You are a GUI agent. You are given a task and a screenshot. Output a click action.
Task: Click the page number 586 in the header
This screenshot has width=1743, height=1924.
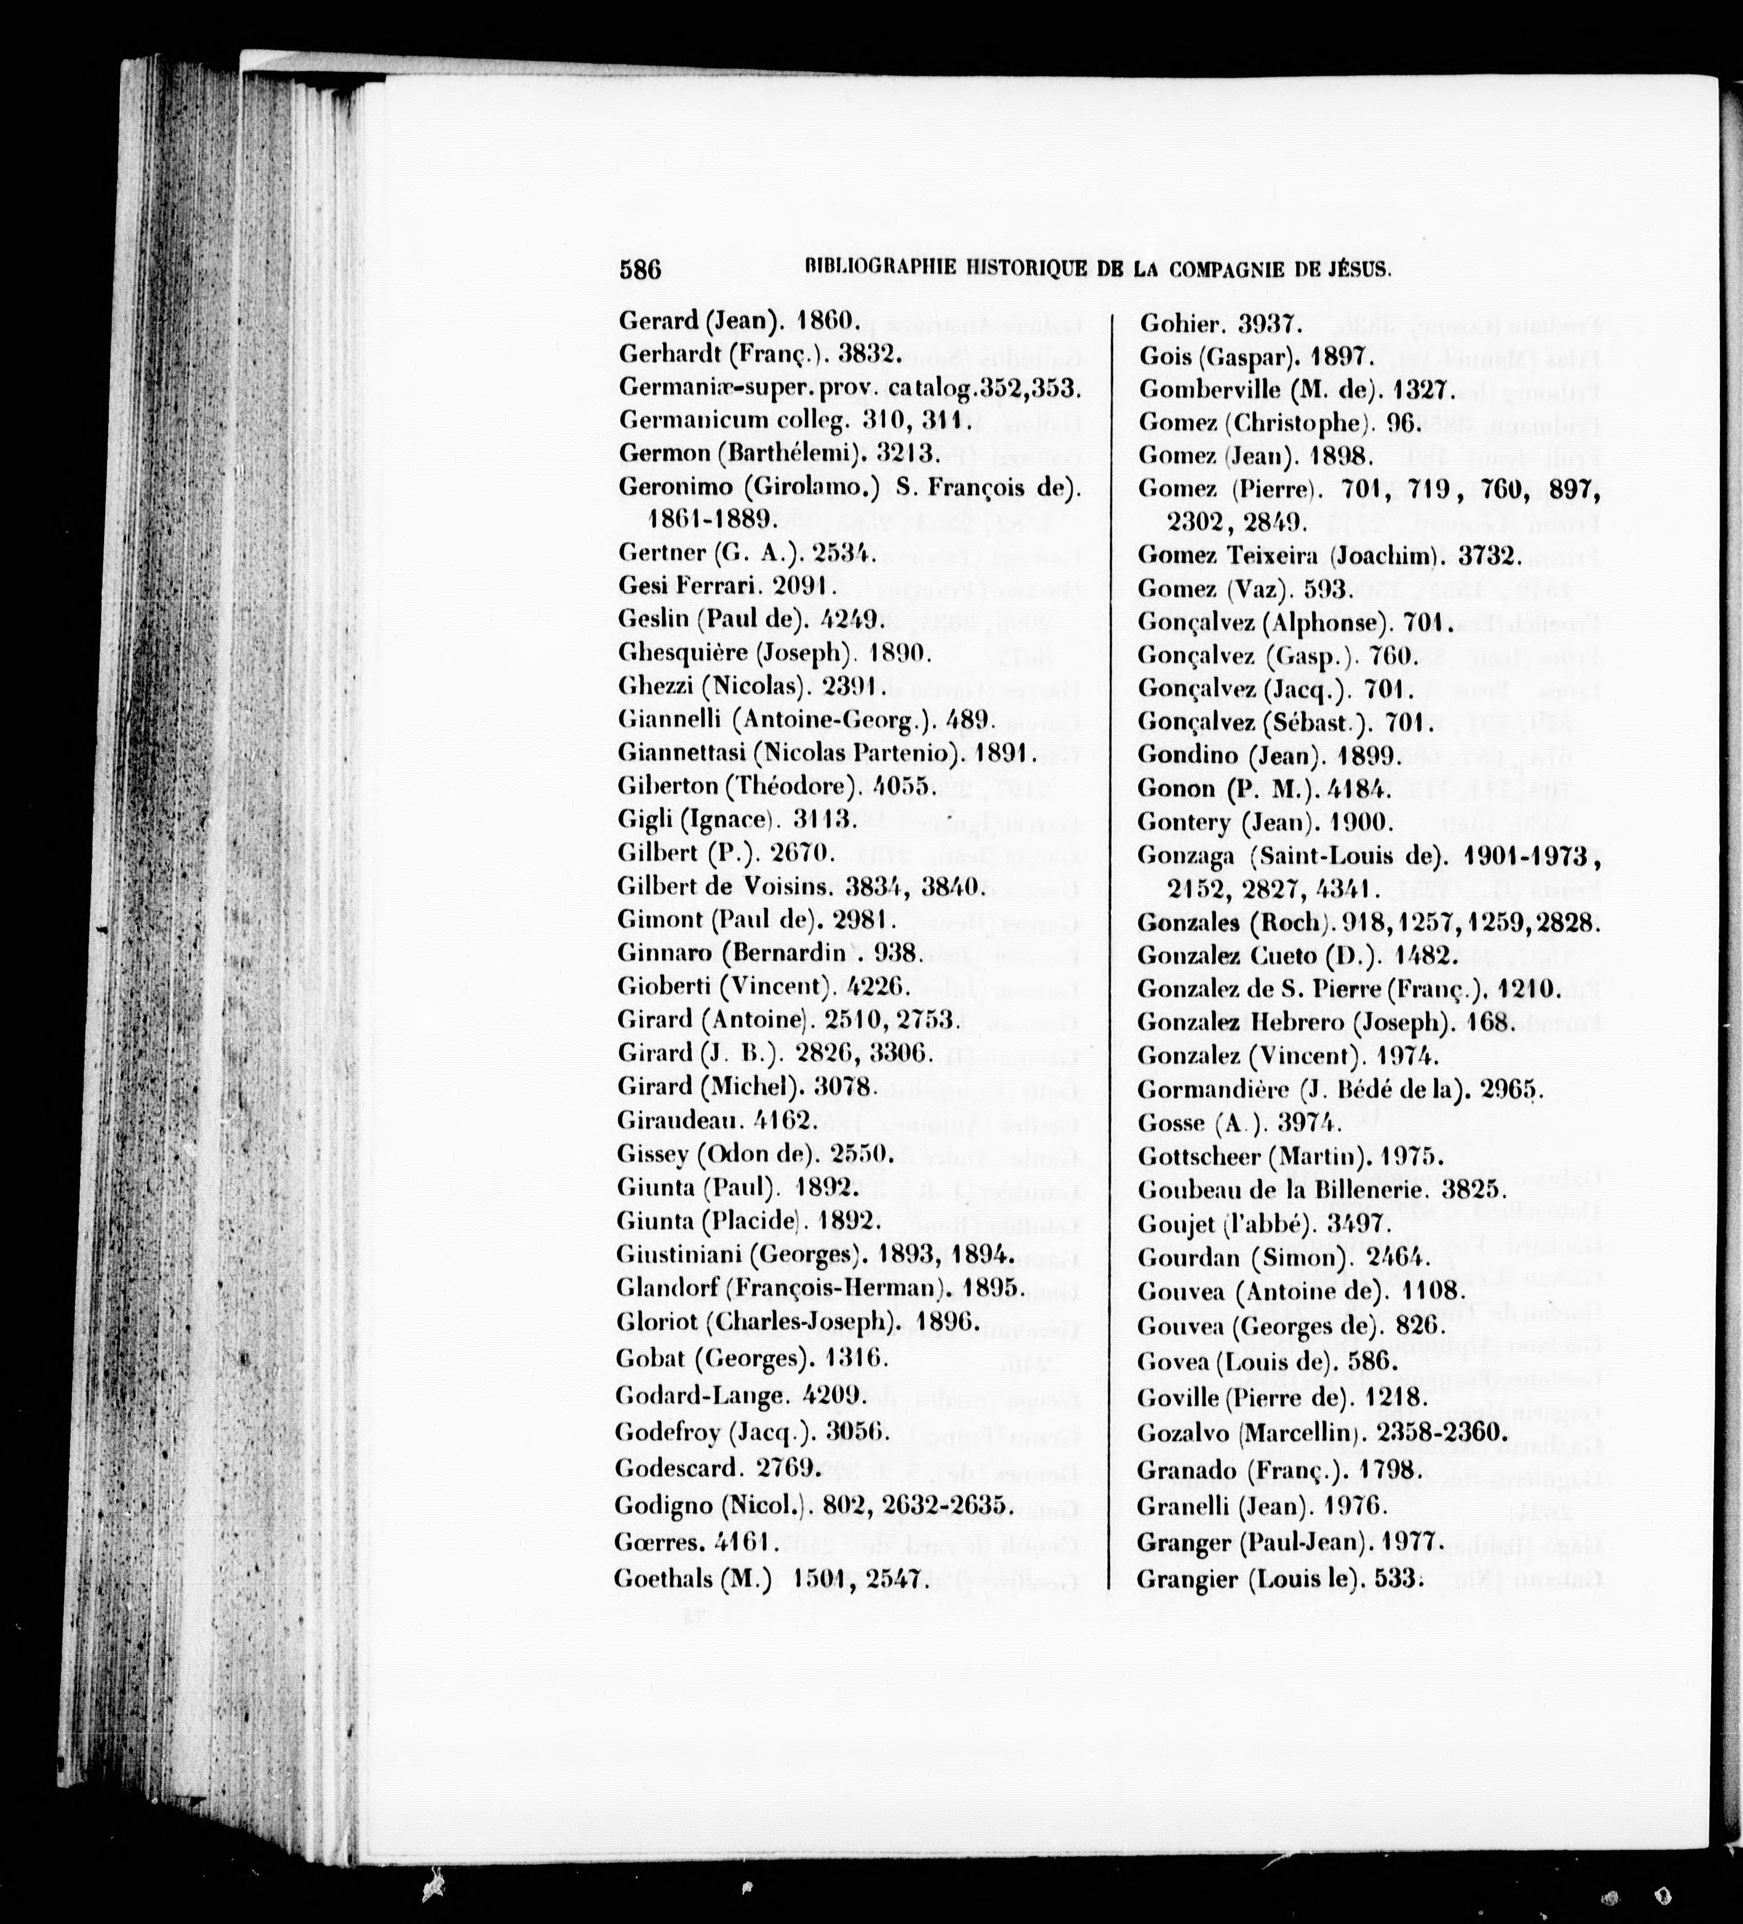point(639,269)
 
